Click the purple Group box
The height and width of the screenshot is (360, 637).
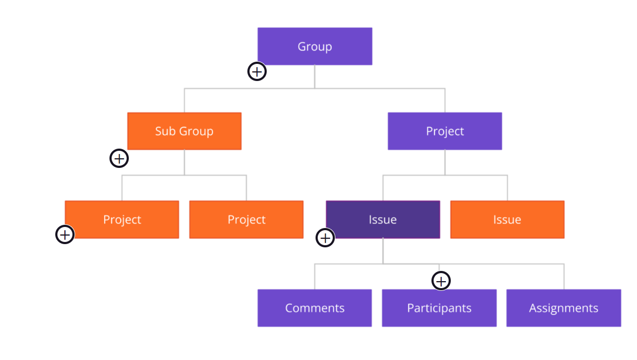pos(314,46)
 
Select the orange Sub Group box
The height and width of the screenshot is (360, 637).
pos(184,131)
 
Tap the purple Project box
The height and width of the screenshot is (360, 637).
pos(444,131)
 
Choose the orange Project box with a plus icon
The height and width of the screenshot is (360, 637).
pos(122,219)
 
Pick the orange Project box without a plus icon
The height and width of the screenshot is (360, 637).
pos(246,219)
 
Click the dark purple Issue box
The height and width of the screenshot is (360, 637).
pos(383,219)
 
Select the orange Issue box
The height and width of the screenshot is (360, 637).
pos(507,219)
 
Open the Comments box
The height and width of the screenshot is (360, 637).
pos(314,308)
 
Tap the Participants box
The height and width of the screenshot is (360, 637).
pos(439,308)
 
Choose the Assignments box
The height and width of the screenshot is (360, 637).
pos(563,308)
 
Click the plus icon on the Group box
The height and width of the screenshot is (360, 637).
pos(257,71)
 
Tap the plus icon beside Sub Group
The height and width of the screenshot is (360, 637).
pos(119,158)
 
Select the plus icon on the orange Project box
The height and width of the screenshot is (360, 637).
pos(65,234)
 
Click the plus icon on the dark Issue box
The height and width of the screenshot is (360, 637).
pos(325,238)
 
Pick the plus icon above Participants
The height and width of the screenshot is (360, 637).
pos(441,281)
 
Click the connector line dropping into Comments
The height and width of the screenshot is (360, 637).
pos(314,277)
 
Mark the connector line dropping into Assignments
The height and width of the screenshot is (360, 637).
pos(564,277)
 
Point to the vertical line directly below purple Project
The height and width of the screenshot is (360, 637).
pos(445,162)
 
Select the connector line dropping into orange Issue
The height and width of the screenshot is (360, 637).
pos(507,188)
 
